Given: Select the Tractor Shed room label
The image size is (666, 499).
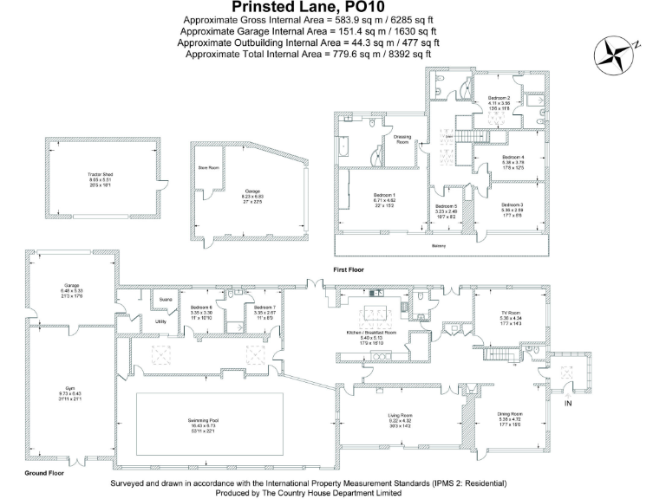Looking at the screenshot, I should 101,174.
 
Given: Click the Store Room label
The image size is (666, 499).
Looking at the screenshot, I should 208,167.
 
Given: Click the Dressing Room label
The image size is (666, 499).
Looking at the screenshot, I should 402,139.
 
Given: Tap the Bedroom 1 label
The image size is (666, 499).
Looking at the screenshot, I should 384,195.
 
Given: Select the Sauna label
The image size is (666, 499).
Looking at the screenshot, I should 166,301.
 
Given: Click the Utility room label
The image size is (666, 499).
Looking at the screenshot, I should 160,321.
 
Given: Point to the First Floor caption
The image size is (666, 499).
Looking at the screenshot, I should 349,270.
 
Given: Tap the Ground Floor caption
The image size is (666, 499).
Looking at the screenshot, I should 41,474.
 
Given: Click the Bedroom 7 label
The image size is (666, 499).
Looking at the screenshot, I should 264,308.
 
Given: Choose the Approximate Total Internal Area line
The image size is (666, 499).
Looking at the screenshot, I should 308,54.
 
